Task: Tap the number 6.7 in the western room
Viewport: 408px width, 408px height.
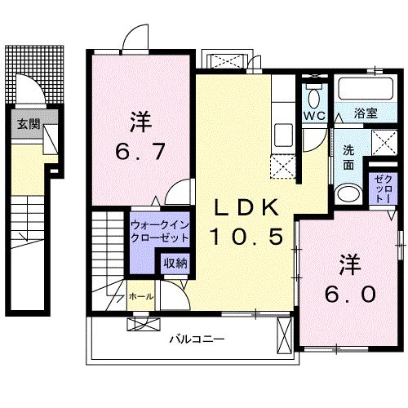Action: tap(136, 151)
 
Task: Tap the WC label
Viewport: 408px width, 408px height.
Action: tap(314, 115)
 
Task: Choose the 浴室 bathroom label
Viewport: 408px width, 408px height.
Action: tap(365, 114)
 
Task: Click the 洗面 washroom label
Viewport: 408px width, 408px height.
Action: tap(348, 157)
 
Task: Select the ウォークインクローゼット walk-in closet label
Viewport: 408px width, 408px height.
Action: tap(159, 230)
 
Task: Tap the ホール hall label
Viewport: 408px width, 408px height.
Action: tap(140, 297)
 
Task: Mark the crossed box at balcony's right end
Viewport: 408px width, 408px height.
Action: tap(284, 335)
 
